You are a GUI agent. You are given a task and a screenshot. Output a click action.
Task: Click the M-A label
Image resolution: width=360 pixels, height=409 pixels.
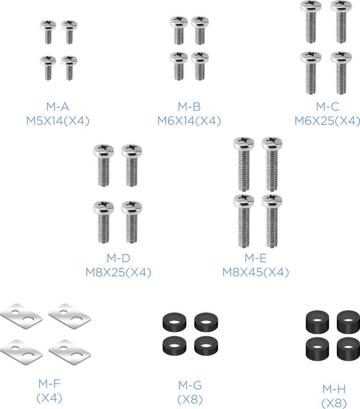(x=57, y=106)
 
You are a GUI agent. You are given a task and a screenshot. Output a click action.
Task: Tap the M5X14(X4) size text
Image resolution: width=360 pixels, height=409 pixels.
(x=58, y=121)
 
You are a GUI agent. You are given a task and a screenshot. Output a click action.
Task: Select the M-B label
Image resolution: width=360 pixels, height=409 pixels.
(x=189, y=106)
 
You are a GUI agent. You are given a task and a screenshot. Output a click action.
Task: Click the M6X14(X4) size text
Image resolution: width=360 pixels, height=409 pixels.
(x=189, y=121)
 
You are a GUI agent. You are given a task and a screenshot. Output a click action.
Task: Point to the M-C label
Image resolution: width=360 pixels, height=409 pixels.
(x=328, y=106)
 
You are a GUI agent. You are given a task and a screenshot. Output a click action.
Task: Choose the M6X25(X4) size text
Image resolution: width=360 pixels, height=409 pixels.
(x=328, y=121)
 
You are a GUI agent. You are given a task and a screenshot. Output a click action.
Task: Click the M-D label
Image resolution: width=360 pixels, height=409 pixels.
(x=118, y=258)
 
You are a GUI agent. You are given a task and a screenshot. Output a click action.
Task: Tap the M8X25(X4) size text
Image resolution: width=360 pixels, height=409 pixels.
(x=118, y=272)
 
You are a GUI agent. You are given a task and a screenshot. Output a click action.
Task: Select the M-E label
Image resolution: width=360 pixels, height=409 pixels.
(x=256, y=258)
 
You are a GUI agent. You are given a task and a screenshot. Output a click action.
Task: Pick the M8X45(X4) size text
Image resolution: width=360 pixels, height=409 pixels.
(x=256, y=272)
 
